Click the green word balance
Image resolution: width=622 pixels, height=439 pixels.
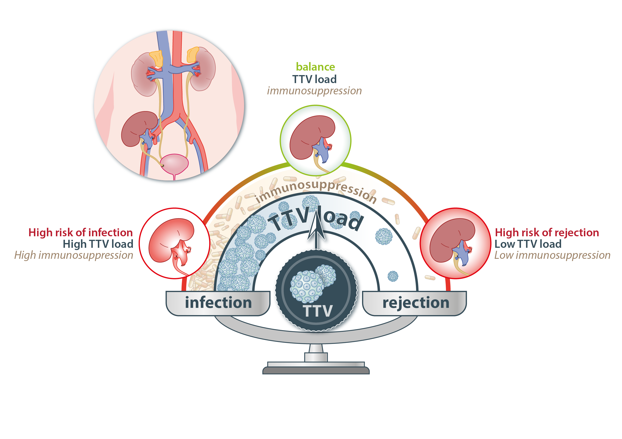click(x=315, y=67)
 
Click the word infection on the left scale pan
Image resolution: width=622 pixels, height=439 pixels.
click(x=218, y=303)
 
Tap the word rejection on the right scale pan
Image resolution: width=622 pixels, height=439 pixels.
click(x=416, y=303)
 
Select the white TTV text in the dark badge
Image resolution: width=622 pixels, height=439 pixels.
click(x=317, y=311)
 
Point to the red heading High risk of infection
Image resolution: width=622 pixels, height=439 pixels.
click(x=81, y=233)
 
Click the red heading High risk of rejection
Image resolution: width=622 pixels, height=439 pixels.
click(x=547, y=233)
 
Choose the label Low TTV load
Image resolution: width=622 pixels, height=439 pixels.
click(x=528, y=244)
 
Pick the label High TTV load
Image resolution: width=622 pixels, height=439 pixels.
click(x=98, y=244)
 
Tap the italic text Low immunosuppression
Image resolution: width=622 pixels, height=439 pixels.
click(x=552, y=255)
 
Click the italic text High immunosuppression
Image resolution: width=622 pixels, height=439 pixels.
click(x=74, y=255)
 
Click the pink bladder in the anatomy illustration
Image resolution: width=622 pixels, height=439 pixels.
click(x=174, y=164)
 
